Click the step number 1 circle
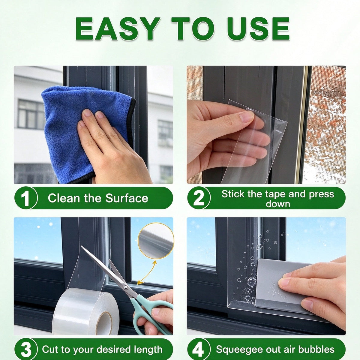[25, 198]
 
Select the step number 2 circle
[198, 198]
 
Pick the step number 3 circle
[25, 349]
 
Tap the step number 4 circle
[198, 349]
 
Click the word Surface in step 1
[127, 198]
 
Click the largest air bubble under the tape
[251, 281]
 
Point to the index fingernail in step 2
[246, 116]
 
